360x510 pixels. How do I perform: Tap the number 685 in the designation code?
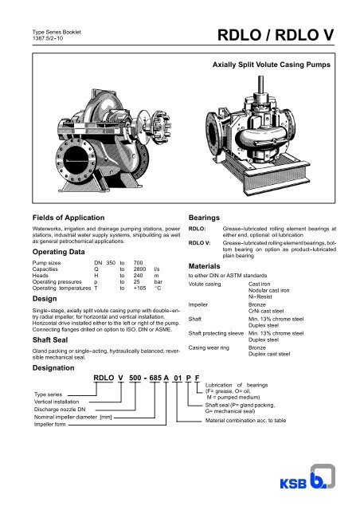click(x=155, y=379)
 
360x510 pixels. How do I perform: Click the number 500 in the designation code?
click(x=130, y=379)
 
